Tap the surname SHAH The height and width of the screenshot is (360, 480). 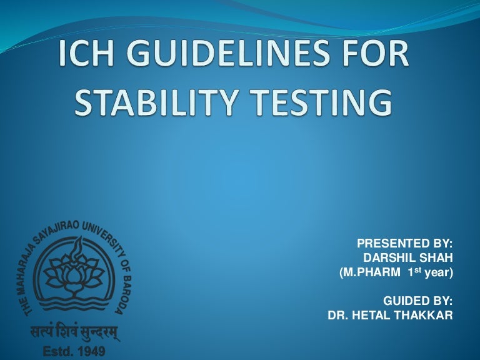(436, 258)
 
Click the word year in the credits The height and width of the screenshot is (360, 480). (437, 273)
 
